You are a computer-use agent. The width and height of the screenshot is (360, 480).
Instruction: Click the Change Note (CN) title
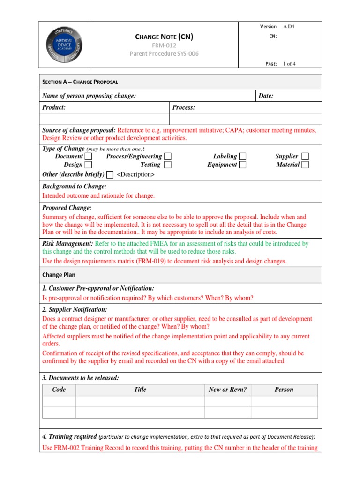click(x=164, y=37)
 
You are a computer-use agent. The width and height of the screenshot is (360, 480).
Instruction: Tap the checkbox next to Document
click(x=88, y=156)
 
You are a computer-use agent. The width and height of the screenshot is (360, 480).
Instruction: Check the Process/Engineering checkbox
click(x=168, y=156)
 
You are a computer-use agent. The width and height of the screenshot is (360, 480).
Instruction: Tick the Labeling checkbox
click(x=242, y=156)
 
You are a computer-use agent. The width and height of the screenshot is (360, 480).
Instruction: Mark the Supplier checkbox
click(x=305, y=156)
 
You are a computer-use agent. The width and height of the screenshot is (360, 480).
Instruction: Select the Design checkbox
click(x=88, y=165)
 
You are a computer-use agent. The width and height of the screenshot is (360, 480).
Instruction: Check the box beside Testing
click(x=168, y=165)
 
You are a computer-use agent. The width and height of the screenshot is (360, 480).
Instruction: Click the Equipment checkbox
click(x=242, y=165)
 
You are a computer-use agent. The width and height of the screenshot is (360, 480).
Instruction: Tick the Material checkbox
click(x=305, y=165)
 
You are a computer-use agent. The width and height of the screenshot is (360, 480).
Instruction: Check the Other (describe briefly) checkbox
click(x=110, y=175)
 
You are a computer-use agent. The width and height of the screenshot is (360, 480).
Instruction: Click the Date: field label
click(x=266, y=96)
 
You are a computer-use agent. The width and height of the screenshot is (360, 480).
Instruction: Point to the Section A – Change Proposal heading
click(x=80, y=82)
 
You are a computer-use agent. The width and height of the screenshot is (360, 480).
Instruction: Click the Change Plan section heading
click(x=59, y=275)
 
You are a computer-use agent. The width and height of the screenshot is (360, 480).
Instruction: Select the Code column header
click(x=59, y=390)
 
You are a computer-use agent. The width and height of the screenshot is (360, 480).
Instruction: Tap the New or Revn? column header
click(x=227, y=390)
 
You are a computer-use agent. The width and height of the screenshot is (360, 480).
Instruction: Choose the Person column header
click(x=284, y=390)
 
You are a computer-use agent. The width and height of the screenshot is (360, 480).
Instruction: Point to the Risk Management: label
click(x=67, y=244)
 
